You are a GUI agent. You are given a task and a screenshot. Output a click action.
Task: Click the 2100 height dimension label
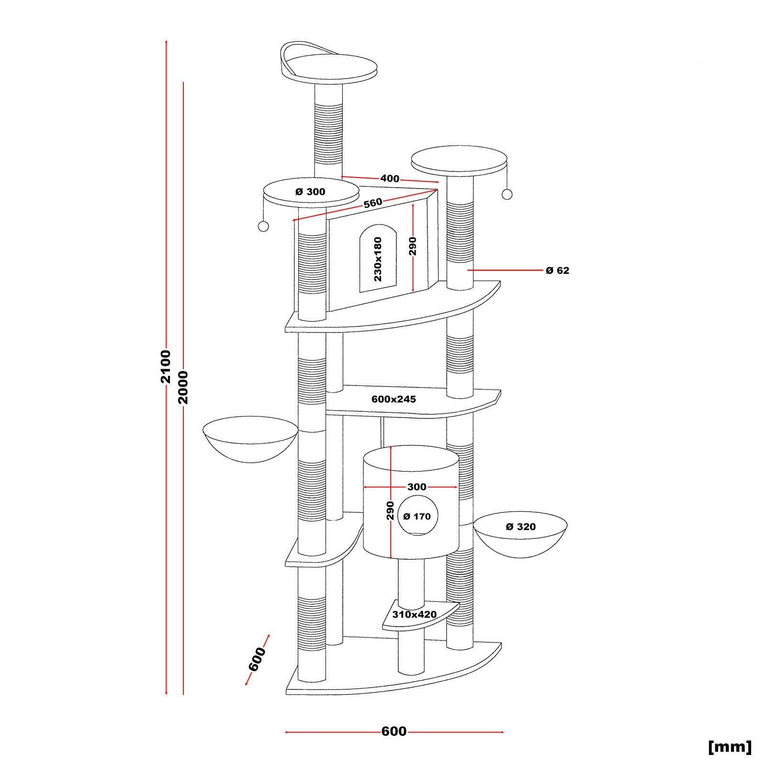point(166,366)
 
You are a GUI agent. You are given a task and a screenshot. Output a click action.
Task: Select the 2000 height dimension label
point(183,387)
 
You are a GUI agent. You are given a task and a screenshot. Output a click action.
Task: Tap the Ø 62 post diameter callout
point(557,270)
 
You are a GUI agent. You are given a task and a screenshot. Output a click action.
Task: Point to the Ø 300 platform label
point(310,192)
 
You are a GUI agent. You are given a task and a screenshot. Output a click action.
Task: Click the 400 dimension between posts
point(390,179)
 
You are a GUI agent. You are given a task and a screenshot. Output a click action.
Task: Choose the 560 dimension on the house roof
point(373,203)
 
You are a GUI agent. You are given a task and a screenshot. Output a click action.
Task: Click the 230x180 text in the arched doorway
point(378,259)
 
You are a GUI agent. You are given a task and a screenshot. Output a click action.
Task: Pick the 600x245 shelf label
point(394,399)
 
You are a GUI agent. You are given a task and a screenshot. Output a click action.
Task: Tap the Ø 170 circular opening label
point(417,516)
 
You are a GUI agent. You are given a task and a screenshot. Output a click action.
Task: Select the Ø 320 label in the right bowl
point(520,527)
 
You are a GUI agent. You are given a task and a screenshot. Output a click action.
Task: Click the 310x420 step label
point(415,614)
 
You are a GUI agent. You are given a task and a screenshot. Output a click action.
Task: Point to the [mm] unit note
point(730,746)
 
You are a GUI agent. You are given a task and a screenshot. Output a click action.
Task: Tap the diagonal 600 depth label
point(257,659)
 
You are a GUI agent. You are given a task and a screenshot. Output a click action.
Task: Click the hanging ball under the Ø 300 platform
point(262,226)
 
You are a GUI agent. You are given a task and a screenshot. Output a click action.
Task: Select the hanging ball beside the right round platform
point(507,194)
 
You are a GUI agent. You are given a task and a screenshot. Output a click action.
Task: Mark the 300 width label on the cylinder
point(417,487)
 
